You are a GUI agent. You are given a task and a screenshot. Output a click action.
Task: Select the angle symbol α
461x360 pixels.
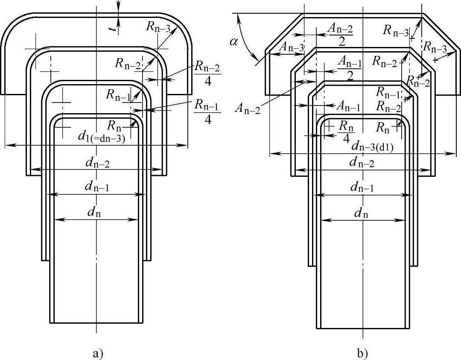[234, 42]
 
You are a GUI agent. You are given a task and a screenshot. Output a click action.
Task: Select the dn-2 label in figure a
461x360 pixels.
[97, 163]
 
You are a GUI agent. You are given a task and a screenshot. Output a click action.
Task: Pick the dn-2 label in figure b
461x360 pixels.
[362, 163]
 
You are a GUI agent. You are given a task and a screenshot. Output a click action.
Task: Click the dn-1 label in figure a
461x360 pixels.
[97, 187]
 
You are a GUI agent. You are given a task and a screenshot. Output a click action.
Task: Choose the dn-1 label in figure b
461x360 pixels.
[362, 187]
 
